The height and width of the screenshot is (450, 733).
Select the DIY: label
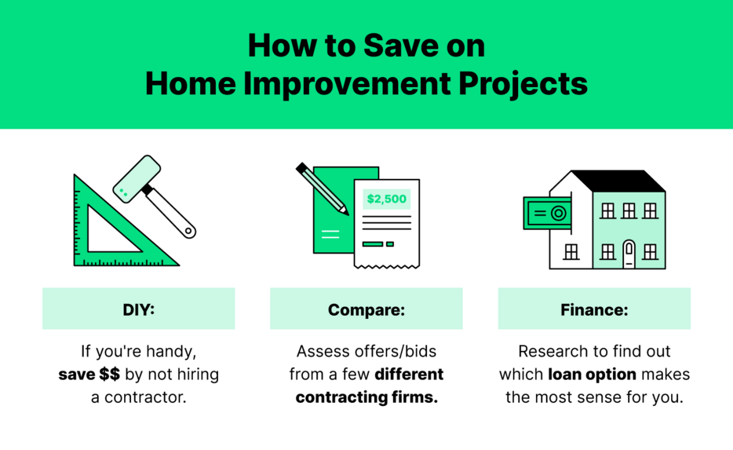click(138, 309)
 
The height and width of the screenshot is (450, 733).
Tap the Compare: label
click(366, 309)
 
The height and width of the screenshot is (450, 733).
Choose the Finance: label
click(594, 309)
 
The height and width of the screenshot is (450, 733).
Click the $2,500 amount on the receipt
click(386, 199)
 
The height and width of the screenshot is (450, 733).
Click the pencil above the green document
click(322, 188)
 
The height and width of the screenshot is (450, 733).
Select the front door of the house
click(628, 254)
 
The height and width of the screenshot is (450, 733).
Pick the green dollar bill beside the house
click(547, 213)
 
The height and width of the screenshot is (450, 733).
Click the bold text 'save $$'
click(89, 374)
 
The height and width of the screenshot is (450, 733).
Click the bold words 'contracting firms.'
click(366, 397)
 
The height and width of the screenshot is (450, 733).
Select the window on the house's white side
click(571, 251)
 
